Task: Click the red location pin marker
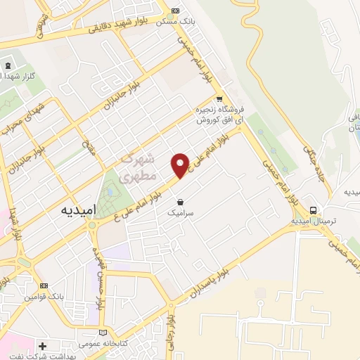pyautogui.click(x=181, y=165)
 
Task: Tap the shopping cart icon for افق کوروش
pyautogui.click(x=220, y=99)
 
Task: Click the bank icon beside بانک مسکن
pyautogui.click(x=176, y=11)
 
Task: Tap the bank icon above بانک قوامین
pyautogui.click(x=44, y=285)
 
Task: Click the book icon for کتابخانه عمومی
pyautogui.click(x=105, y=333)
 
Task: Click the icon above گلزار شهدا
pyautogui.click(x=8, y=66)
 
